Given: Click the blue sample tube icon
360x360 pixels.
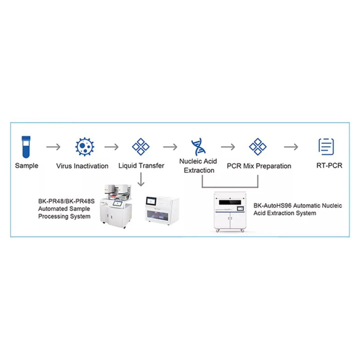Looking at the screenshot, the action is point(26,147).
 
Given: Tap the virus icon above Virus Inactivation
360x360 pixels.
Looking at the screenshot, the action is point(85,147).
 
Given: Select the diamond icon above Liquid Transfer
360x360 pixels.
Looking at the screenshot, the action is point(141,147).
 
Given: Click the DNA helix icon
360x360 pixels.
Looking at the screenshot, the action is point(198,147).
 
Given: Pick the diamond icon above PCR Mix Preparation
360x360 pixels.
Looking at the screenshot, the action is point(258,147).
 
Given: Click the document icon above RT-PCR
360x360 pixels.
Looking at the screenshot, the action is point(326,147).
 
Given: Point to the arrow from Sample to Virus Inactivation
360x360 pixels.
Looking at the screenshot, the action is point(53,147).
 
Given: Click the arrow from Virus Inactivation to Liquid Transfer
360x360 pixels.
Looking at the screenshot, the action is point(112,147).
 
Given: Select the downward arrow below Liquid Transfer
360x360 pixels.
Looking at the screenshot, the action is point(141,179).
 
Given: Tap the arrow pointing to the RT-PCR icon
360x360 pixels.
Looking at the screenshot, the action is point(291,147).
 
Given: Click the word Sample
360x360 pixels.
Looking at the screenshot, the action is point(27,166).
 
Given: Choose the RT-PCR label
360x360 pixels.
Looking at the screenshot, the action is point(329,166).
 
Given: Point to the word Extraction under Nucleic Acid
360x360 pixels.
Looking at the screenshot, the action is point(199,170).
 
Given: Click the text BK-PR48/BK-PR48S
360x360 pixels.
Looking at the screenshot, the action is point(66,201).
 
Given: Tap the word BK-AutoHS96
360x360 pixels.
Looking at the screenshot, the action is point(272,205).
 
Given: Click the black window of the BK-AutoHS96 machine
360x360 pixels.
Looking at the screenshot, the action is point(230,202).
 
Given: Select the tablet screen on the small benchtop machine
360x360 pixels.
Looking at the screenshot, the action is point(151,201).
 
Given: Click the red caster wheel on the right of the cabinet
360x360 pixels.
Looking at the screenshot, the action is point(242,231).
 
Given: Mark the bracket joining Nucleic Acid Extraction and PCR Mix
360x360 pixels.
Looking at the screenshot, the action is point(230,187).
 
